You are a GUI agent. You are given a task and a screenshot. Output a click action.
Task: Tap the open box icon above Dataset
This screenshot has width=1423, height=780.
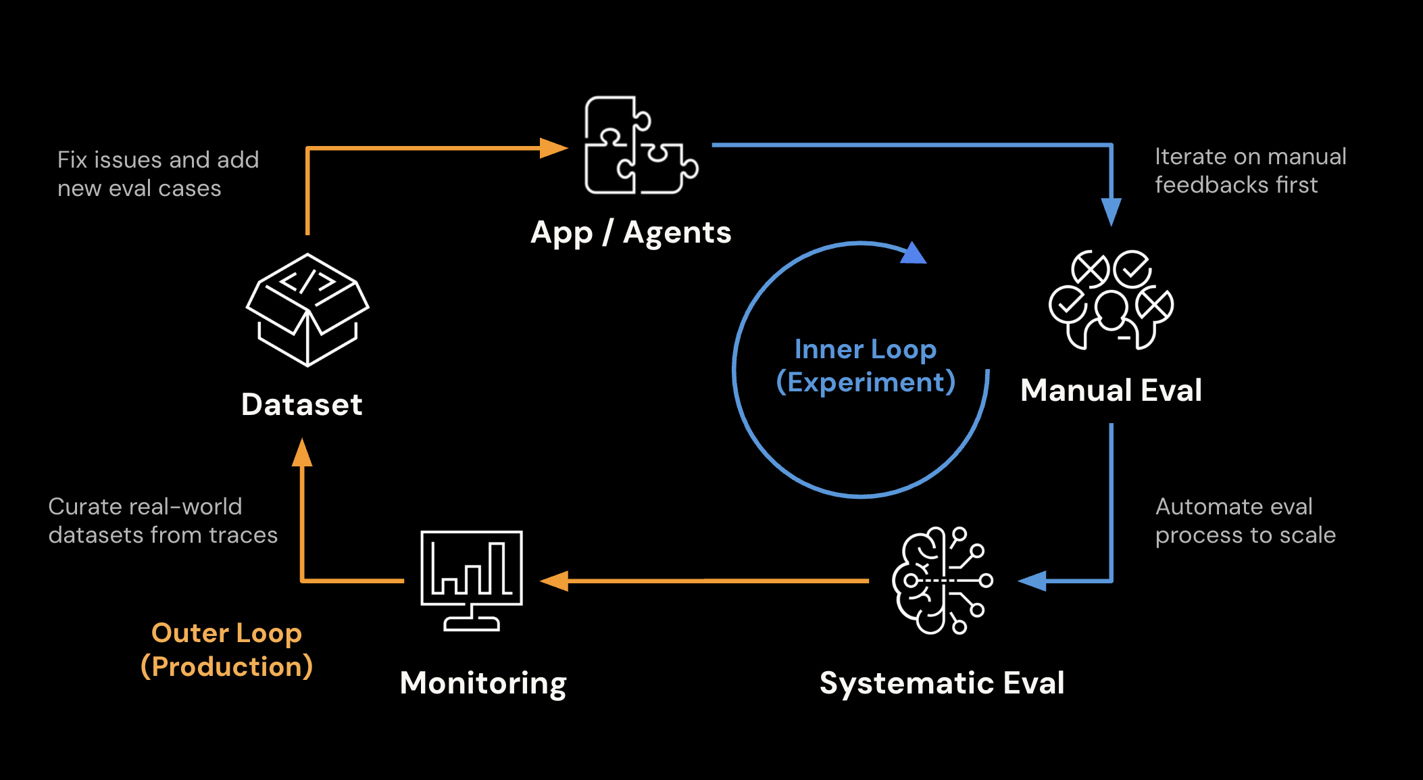tap(307, 310)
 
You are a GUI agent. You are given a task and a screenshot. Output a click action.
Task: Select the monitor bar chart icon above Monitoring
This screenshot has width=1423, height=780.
tap(472, 580)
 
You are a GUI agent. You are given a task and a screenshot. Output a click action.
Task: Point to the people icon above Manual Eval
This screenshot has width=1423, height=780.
tap(1111, 300)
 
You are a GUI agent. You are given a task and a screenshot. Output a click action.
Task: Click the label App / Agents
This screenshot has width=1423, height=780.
tap(630, 233)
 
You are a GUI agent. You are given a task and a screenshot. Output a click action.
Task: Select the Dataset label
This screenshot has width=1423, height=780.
tap(302, 404)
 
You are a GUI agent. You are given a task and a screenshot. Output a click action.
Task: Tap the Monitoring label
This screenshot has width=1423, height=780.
tap(482, 683)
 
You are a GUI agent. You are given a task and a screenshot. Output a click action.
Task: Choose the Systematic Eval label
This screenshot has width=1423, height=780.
tap(941, 683)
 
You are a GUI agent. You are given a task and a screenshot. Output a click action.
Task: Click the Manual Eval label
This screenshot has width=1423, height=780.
tap(1111, 390)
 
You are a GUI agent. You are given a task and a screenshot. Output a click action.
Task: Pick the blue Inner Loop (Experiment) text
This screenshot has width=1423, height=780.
tap(866, 366)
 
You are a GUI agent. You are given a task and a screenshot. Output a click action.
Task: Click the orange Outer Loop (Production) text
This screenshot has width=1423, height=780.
tap(226, 650)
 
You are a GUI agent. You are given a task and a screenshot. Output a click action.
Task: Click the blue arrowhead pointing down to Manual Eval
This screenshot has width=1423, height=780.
tap(1111, 212)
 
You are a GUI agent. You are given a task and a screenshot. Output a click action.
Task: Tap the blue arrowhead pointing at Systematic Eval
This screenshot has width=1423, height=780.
tap(1033, 581)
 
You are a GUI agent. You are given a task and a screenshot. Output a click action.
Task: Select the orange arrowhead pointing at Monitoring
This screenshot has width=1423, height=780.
tap(555, 581)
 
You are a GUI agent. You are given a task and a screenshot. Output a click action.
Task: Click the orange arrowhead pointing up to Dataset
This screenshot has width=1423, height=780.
tap(302, 453)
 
